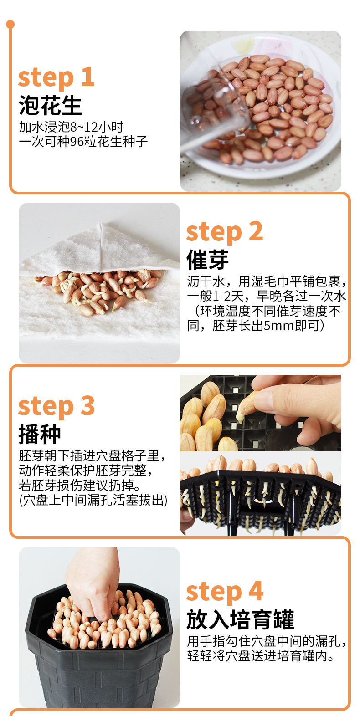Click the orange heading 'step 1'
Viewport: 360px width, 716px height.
[x=56, y=77]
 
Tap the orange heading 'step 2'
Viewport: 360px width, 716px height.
[x=225, y=232]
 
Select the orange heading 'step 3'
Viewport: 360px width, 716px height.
[x=56, y=407]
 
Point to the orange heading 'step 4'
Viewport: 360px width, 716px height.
[x=225, y=593]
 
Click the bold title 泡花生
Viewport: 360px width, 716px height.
[x=50, y=105]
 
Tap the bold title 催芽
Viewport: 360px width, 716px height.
[x=207, y=260]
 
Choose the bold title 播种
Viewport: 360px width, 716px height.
[x=40, y=434]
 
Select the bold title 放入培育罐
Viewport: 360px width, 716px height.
[x=240, y=619]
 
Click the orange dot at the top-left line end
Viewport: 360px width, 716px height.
[x=10, y=24]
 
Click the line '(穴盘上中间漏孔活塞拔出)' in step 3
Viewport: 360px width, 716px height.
[x=93, y=500]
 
